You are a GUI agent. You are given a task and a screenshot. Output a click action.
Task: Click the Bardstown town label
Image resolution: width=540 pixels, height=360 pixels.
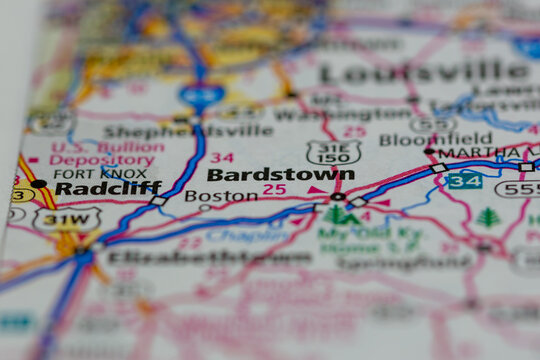[280, 174]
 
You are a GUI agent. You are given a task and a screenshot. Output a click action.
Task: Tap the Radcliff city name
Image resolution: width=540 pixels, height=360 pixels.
[108, 187]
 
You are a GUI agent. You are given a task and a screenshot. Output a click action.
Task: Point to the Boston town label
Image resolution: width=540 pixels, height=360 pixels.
[221, 196]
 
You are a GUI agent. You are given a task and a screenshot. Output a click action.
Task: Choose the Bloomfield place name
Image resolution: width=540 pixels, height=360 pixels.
[435, 139]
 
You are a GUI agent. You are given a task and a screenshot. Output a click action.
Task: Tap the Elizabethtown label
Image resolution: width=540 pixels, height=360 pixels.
[209, 257]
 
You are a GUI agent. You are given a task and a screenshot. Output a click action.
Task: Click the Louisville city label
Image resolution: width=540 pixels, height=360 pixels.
[425, 73]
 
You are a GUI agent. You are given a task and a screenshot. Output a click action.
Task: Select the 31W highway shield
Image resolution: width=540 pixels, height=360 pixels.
[67, 218]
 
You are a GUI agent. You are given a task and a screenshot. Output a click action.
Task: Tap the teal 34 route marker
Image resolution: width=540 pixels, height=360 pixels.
[463, 181]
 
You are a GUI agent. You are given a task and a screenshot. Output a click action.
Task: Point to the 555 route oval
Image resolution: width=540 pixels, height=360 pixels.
[519, 187]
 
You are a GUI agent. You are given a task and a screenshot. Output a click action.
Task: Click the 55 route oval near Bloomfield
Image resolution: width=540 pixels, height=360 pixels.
[432, 124]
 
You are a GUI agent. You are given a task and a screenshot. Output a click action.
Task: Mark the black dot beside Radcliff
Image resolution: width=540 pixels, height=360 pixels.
[39, 184]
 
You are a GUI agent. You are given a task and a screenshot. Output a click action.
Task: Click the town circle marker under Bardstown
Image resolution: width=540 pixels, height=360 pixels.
[337, 196]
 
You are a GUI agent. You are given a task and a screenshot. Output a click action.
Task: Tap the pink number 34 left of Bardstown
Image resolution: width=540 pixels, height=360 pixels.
[222, 158]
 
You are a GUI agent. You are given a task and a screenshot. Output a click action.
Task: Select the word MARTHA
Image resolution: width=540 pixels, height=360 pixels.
[465, 152]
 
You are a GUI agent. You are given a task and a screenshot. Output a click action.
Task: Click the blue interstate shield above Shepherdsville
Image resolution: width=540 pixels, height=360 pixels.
[202, 95]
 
